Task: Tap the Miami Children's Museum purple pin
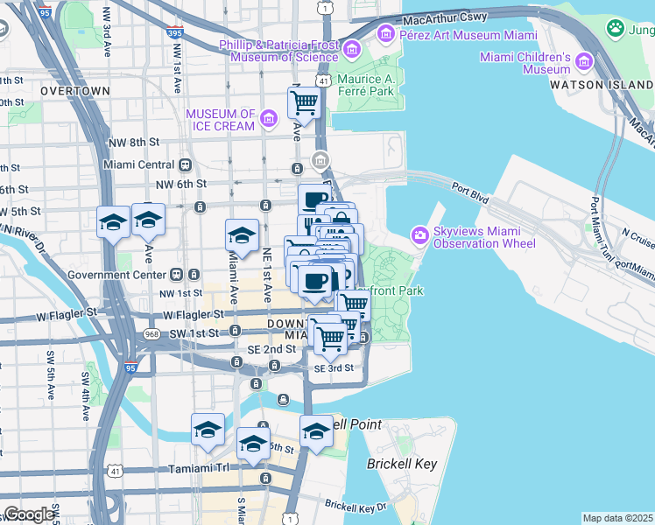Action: [583, 61]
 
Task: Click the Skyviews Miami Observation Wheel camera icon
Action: [420, 234]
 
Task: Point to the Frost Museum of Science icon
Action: [353, 49]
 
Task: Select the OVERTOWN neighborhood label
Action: [74, 91]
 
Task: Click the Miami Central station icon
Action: [185, 164]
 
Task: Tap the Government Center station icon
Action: [176, 273]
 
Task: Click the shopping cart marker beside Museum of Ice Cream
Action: [304, 103]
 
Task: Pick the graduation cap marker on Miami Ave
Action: [242, 234]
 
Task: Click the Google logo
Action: [29, 514]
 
